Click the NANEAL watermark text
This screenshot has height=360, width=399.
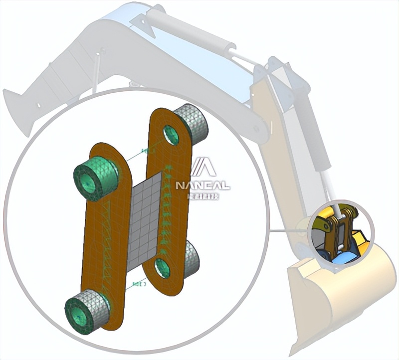tap(202, 186)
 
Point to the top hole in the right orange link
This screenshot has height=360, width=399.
tap(171, 135)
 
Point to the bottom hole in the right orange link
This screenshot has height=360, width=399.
tap(162, 268)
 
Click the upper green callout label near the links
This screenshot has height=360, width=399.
tap(148, 150)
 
